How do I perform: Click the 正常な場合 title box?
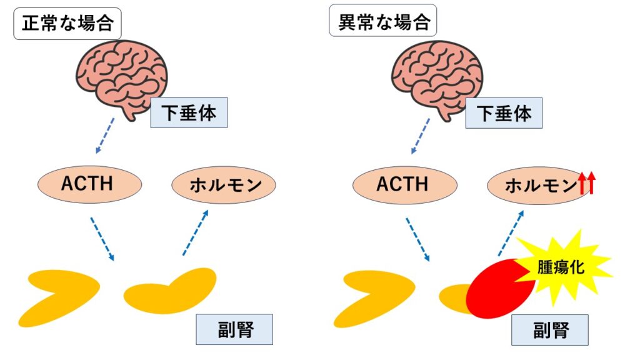coord(67,24)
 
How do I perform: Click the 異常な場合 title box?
coord(382,24)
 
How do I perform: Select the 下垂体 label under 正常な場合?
coord(188,113)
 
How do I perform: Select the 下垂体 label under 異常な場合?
coord(504,113)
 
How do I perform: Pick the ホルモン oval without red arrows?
coord(224,184)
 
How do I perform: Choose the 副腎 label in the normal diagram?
coord(234,329)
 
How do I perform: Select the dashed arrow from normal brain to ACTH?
coord(105,135)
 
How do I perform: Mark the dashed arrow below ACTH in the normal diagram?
coord(102,239)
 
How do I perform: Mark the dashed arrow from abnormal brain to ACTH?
coord(420,135)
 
